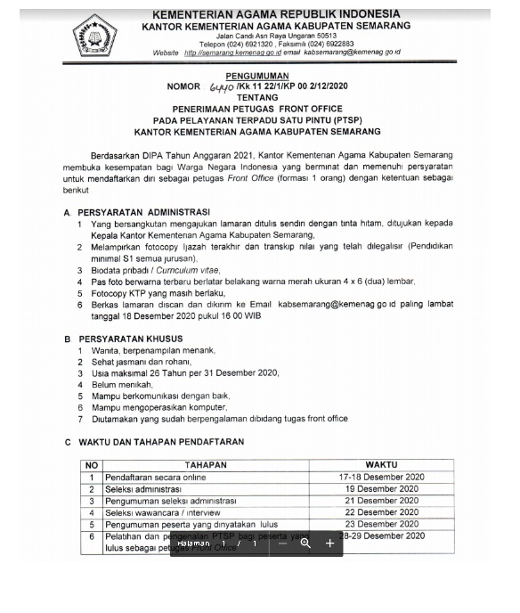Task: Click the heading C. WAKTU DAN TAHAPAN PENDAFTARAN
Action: point(155,442)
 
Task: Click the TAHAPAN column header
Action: point(206,465)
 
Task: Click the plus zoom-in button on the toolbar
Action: point(329,543)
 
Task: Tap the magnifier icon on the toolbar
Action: point(305,543)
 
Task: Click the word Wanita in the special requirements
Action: point(105,351)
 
